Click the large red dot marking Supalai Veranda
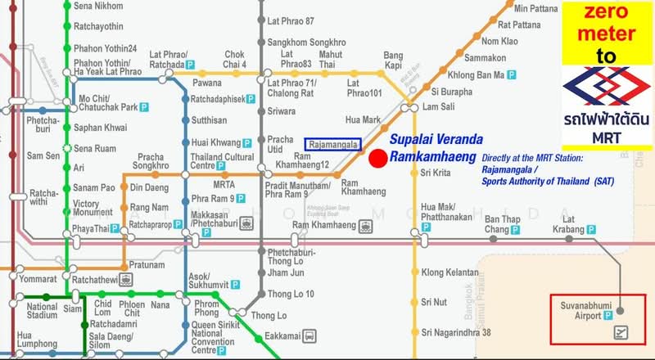(378, 159)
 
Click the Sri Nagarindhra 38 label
(456, 332)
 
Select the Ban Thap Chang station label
(503, 224)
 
